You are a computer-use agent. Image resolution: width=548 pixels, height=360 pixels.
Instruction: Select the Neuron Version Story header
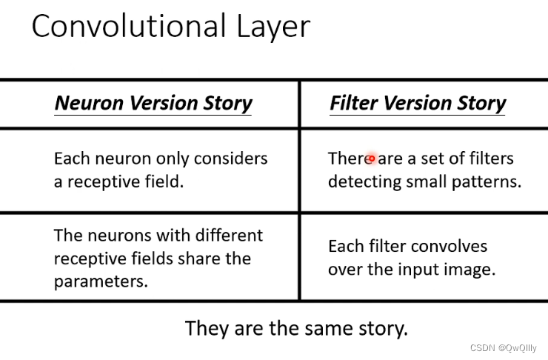tap(153, 103)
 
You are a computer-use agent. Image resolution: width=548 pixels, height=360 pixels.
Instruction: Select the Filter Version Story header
tap(418, 103)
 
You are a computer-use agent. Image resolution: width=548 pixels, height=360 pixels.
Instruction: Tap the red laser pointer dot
tap(372, 159)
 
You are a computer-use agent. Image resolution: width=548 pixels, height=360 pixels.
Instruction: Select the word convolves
tap(450, 246)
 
